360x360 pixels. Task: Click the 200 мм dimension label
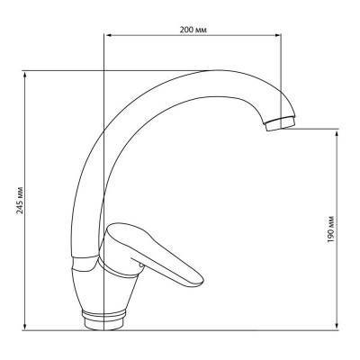coord(194,30)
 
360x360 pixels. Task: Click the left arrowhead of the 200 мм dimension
coord(108,37)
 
